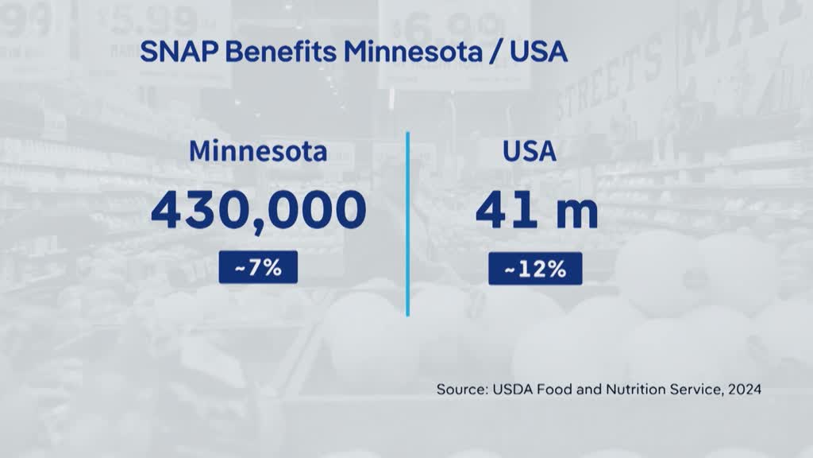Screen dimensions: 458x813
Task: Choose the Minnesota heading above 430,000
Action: point(259,151)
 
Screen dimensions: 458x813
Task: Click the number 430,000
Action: point(259,210)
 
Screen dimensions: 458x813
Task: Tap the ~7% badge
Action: point(258,268)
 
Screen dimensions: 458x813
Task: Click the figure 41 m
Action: point(537,210)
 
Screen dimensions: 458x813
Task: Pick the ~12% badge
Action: point(534,269)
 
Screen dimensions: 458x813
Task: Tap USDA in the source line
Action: point(510,390)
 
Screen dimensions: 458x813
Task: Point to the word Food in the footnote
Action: point(553,390)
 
